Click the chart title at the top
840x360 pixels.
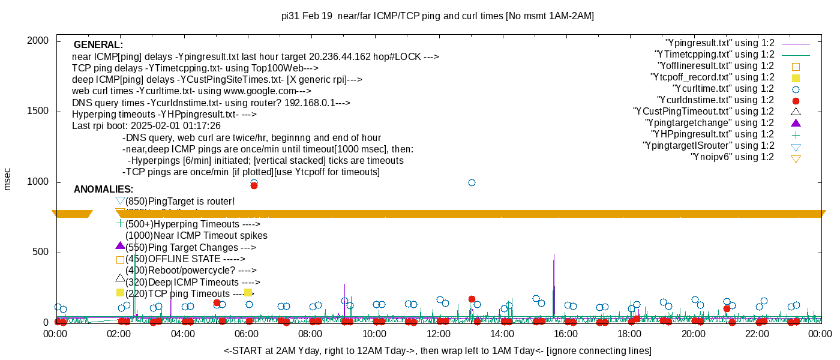(x=437, y=16)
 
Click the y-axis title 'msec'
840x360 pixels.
(x=8, y=179)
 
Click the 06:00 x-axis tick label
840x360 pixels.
(x=247, y=333)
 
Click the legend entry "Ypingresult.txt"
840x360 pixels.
(x=720, y=43)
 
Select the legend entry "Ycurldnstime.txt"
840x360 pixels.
(x=716, y=100)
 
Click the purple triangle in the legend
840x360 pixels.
(x=796, y=123)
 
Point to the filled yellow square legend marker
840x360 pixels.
(x=796, y=78)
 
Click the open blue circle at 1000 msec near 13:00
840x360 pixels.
(x=472, y=182)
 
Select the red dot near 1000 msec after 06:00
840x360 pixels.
(x=254, y=185)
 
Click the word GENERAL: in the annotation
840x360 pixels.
(x=98, y=45)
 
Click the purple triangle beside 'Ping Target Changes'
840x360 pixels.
(x=120, y=246)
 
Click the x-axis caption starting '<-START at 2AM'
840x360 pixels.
(x=437, y=350)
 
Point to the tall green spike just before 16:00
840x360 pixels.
(x=554, y=264)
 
